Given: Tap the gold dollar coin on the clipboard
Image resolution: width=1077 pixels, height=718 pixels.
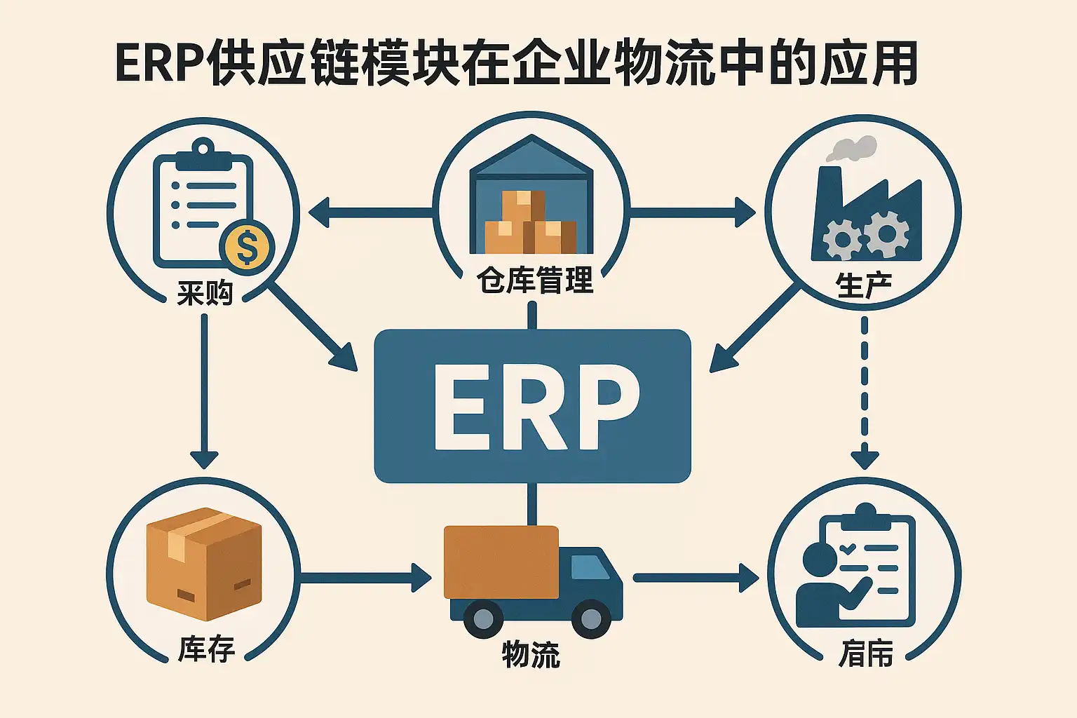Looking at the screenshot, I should tap(246, 247).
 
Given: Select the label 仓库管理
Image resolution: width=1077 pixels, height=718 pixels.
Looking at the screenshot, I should tap(534, 280).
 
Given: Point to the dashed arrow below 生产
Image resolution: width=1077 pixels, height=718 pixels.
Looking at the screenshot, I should tap(864, 393).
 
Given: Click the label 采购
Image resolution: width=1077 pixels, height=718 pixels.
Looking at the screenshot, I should tap(204, 292).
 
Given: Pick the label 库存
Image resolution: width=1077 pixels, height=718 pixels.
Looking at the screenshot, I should tap(205, 649).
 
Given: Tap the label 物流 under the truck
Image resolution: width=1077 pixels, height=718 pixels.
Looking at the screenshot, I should tap(531, 655).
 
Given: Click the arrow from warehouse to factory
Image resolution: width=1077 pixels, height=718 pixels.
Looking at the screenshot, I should tap(691, 211).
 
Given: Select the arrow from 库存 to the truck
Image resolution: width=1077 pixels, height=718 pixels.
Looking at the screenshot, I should tap(365, 578).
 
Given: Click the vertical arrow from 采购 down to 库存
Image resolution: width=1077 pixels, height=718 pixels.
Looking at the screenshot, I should tap(204, 393).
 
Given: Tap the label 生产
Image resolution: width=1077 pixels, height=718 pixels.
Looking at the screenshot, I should tap(863, 286).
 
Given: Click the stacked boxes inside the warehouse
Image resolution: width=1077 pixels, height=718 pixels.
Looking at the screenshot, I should tap(529, 224).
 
